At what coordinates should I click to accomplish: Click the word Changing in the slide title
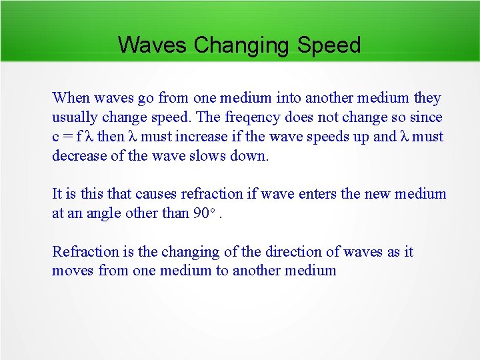pyautogui.click(x=242, y=45)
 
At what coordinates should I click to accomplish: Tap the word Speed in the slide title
pyautogui.click(x=329, y=45)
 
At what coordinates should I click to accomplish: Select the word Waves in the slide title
pyautogui.click(x=153, y=45)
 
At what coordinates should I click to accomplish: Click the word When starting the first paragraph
pyautogui.click(x=71, y=98)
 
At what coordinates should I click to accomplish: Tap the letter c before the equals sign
pyautogui.click(x=56, y=137)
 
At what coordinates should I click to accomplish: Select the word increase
pyautogui.click(x=205, y=137)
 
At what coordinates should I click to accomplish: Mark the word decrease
pyautogui.click(x=79, y=156)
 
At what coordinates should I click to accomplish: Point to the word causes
pyautogui.click(x=156, y=194)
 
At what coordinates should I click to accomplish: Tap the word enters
pyautogui.click(x=325, y=194)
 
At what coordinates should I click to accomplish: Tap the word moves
pyautogui.click(x=72, y=271)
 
